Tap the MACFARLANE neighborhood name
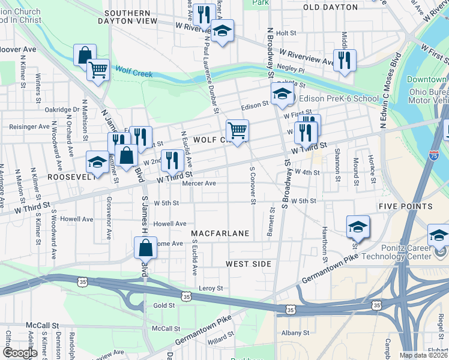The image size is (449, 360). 220,232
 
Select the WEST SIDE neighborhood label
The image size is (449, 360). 249,264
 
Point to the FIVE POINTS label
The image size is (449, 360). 405,206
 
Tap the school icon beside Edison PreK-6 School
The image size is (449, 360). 282,94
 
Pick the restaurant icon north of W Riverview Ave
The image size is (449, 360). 344,60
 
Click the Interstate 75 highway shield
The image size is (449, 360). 433,155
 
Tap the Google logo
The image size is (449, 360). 20,352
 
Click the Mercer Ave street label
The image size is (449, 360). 202,184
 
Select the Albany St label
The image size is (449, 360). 296,332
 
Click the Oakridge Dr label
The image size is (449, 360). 62,110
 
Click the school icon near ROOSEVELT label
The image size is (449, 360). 98,161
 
